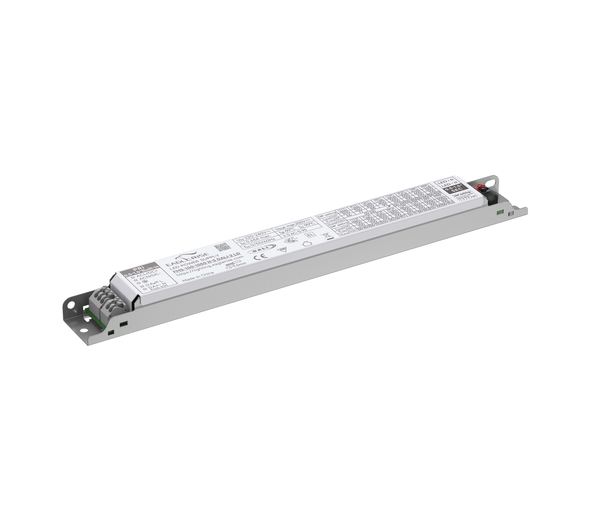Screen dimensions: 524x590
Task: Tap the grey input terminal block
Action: coord(108,299)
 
